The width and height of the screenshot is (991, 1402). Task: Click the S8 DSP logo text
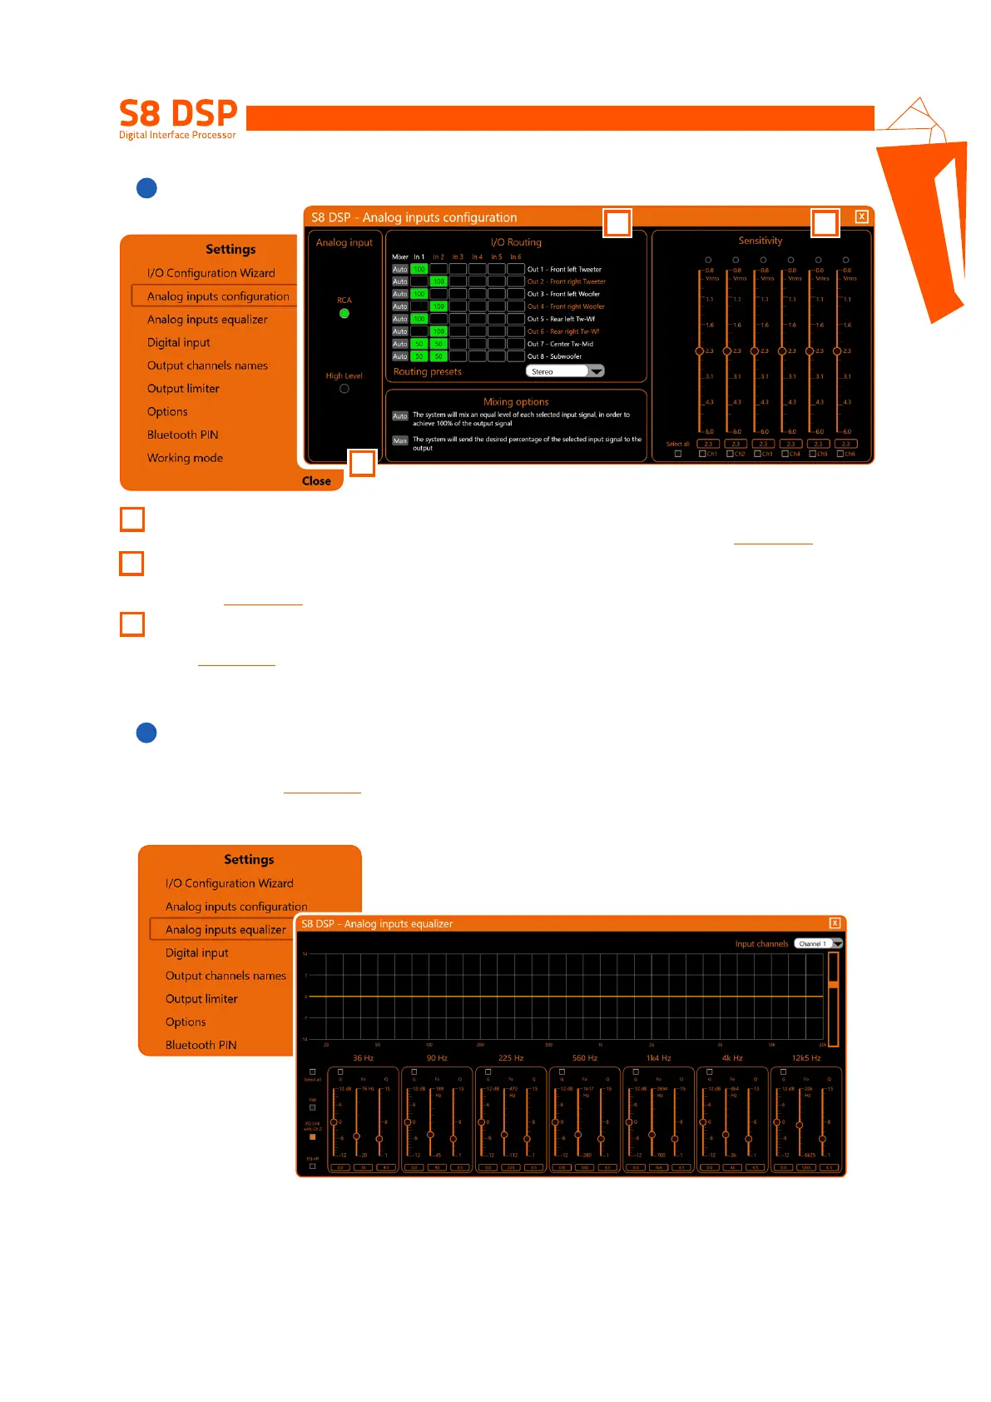pyautogui.click(x=178, y=113)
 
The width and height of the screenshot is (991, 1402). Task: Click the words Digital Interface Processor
pyautogui.click(x=177, y=135)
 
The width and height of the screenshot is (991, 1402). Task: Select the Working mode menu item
pyautogui.click(x=185, y=458)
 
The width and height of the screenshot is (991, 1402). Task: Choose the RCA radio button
pyautogui.click(x=344, y=314)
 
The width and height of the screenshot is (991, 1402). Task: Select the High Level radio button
pyautogui.click(x=344, y=389)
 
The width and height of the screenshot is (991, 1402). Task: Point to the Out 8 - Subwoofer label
pyautogui.click(x=554, y=356)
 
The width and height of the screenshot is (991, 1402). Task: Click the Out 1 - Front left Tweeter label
pyautogui.click(x=564, y=270)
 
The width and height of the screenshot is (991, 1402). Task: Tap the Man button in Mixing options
pyautogui.click(x=400, y=440)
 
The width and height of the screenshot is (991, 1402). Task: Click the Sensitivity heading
pyautogui.click(x=761, y=241)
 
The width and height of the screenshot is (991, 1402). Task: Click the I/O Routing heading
pyautogui.click(x=516, y=242)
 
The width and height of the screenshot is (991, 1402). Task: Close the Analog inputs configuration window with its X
pyautogui.click(x=862, y=217)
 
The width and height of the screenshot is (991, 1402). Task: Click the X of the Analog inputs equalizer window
pyautogui.click(x=835, y=923)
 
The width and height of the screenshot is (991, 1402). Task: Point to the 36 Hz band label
pyautogui.click(x=363, y=1058)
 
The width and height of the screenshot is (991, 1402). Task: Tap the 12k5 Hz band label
pyautogui.click(x=806, y=1058)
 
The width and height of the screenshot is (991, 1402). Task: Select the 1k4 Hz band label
pyautogui.click(x=658, y=1058)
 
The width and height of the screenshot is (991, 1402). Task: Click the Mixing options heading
pyautogui.click(x=516, y=402)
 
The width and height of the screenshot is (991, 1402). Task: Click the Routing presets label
pyautogui.click(x=428, y=372)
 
